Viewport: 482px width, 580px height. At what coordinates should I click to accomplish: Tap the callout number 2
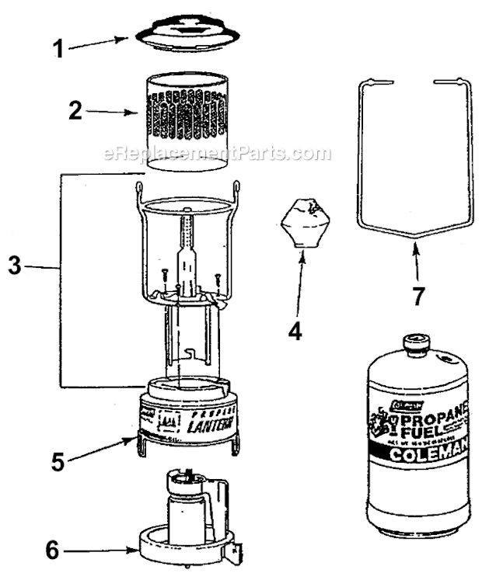[x=75, y=111]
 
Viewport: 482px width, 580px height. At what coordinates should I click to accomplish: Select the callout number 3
[x=13, y=265]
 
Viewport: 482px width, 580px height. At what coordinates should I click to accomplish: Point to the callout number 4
[x=295, y=332]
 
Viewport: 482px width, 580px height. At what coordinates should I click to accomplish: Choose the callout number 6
[x=51, y=550]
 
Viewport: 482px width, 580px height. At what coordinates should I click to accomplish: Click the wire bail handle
[x=411, y=155]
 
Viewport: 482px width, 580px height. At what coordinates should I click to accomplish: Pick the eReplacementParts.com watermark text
[x=217, y=154]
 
